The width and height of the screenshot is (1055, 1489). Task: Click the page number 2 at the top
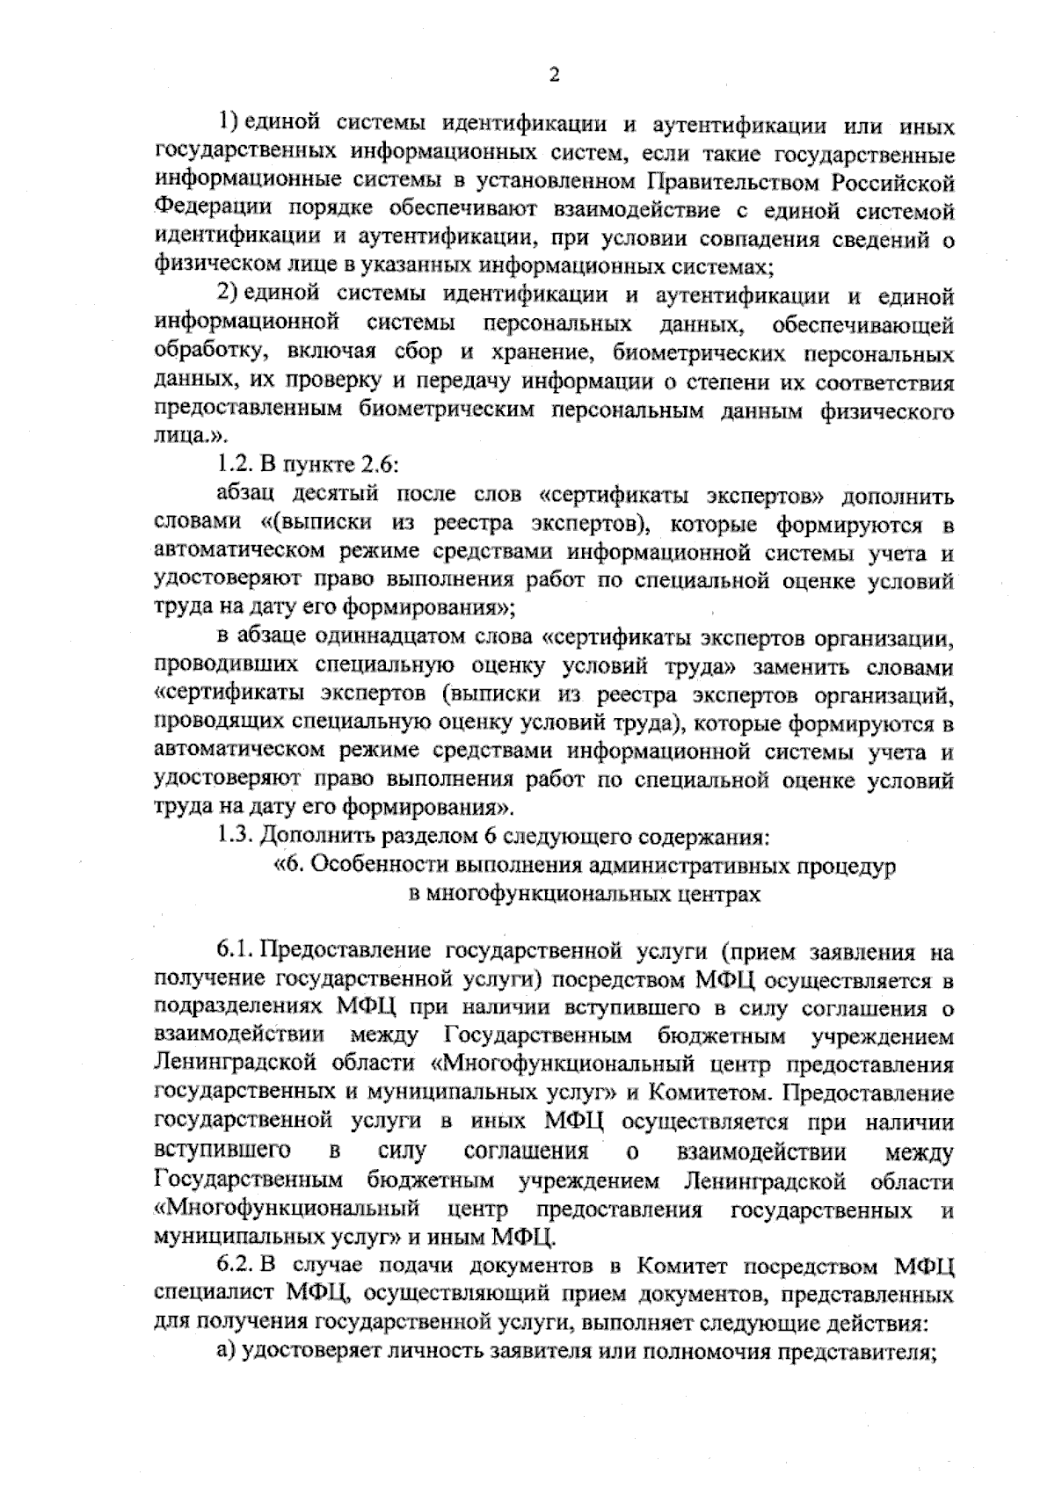tap(554, 76)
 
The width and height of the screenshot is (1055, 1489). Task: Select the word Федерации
tap(200, 211)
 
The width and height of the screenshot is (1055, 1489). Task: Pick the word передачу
tap(462, 383)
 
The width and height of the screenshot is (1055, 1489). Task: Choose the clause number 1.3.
tap(235, 835)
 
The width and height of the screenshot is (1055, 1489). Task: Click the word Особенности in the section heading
tap(371, 865)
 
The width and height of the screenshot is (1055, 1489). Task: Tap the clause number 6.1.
tap(236, 951)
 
